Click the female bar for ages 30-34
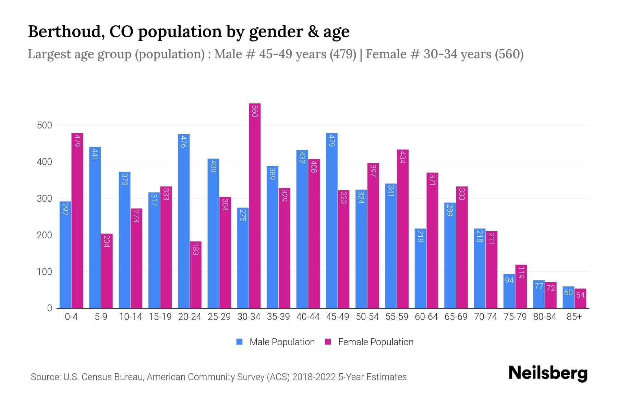(x=255, y=206)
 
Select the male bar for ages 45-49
(x=331, y=221)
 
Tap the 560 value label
(x=255, y=111)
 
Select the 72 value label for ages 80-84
(x=551, y=288)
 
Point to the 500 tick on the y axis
(x=45, y=125)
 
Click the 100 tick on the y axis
(x=45, y=272)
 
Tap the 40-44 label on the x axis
(x=308, y=317)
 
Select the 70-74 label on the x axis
(x=485, y=317)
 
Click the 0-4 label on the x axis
(x=71, y=317)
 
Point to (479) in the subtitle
(x=343, y=54)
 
